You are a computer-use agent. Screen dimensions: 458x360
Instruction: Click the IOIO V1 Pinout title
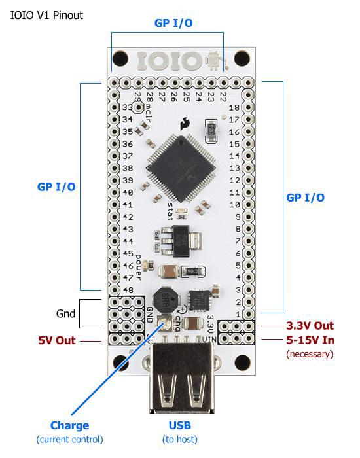point(47,14)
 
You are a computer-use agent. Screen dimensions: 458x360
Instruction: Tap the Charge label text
point(69,425)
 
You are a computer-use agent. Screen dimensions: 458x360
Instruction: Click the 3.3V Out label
point(310,325)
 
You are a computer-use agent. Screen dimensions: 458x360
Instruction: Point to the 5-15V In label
point(310,340)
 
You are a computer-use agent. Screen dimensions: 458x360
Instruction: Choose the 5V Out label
point(56,340)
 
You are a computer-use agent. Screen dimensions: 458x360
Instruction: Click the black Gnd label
point(65,313)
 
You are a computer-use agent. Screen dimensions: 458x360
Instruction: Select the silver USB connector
point(181,383)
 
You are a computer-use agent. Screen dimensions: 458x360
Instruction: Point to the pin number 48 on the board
point(128,290)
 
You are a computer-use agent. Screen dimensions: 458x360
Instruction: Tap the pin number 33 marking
point(128,107)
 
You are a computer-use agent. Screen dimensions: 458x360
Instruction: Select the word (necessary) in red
point(310,354)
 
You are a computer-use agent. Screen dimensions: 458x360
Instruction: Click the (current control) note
point(69,439)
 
